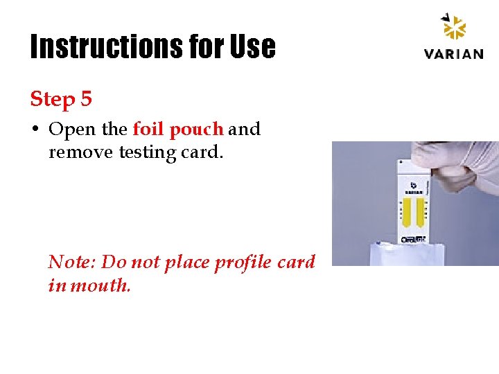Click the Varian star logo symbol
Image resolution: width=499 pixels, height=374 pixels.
coord(455,29)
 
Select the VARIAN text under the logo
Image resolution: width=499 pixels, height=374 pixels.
coord(454,54)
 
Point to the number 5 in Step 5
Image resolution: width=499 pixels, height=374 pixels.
coord(86,99)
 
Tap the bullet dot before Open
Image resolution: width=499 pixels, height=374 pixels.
coord(35,130)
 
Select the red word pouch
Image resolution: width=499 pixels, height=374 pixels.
coord(196,130)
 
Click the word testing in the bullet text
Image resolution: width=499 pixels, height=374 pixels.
coord(147,152)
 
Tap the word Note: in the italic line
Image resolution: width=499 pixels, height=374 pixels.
coord(72,262)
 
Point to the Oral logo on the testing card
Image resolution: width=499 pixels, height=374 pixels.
coord(414,240)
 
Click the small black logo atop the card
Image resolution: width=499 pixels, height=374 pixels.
coord(413,185)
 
